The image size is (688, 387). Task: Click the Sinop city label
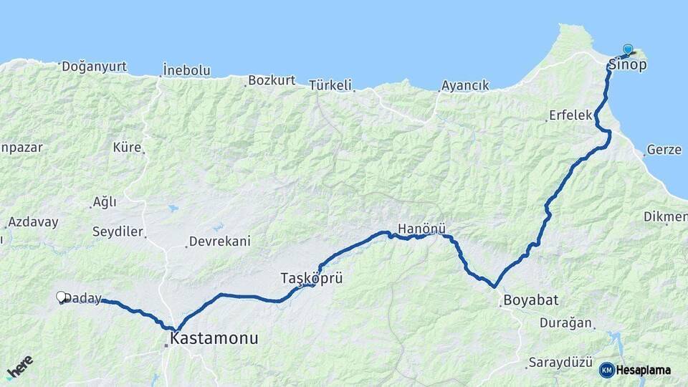click(x=628, y=65)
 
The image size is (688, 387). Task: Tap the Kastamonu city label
click(x=214, y=338)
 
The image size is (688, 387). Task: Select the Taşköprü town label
click(x=311, y=277)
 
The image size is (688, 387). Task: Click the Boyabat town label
click(x=530, y=300)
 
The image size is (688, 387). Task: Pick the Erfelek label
click(x=570, y=115)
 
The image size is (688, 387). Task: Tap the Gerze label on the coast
click(x=664, y=150)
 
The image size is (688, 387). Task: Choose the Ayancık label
click(x=465, y=85)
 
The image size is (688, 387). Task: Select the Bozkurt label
click(x=272, y=80)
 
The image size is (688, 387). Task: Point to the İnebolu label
click(x=186, y=70)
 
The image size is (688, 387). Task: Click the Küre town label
click(x=127, y=148)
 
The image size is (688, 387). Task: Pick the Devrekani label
click(x=219, y=242)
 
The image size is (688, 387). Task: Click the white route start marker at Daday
click(x=61, y=296)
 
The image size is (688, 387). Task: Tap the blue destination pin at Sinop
click(x=628, y=49)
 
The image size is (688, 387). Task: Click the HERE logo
click(x=19, y=367)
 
